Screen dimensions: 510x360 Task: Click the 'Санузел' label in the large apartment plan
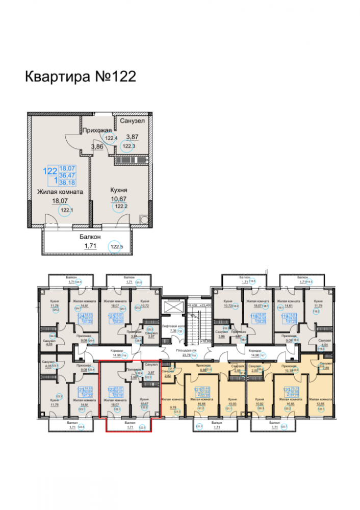click(132, 121)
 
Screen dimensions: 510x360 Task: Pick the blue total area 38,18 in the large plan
click(67, 182)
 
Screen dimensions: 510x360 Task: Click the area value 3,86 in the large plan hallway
click(97, 147)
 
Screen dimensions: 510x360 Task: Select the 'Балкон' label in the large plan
click(90, 237)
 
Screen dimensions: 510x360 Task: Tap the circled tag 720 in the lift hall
click(179, 331)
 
